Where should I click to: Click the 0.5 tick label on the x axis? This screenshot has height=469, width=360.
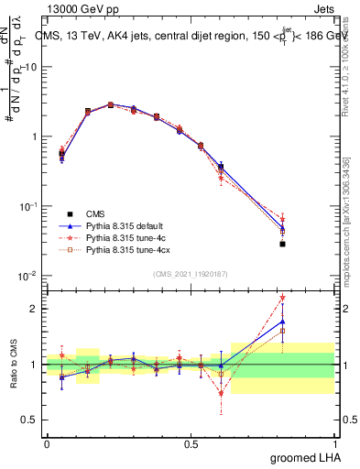pyautogui.click(x=191, y=443)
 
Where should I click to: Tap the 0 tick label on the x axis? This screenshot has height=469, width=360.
pyautogui.click(x=47, y=443)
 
